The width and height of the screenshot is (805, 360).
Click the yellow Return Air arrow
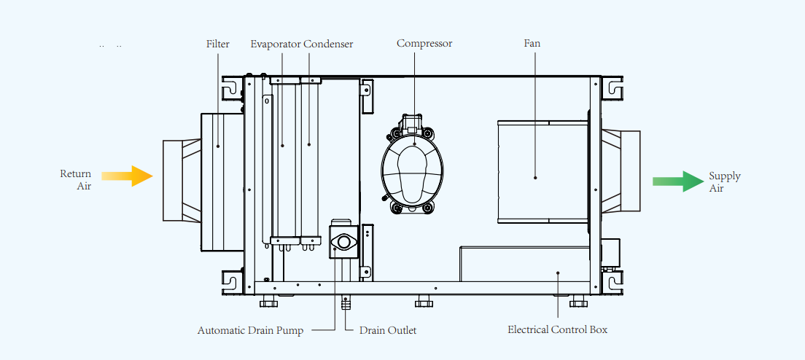128,176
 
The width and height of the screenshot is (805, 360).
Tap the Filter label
217,44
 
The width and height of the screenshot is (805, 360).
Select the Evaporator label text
276,44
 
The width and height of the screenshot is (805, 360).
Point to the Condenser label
328,44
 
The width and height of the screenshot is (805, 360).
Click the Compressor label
424,43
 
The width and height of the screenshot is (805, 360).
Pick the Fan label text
532,43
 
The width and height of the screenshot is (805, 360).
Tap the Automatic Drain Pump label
250,330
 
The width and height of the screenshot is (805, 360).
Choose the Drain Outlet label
388,330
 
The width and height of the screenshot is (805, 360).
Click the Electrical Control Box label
557,329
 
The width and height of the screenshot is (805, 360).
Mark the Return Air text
77,180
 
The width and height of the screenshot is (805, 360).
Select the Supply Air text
724,181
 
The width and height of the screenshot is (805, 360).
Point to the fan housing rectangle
542,171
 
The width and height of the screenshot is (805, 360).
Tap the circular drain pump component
343,241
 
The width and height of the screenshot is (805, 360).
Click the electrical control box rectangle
524,263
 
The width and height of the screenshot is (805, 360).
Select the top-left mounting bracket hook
230,87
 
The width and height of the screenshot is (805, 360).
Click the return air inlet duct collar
181,180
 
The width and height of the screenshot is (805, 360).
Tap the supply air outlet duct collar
621,170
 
